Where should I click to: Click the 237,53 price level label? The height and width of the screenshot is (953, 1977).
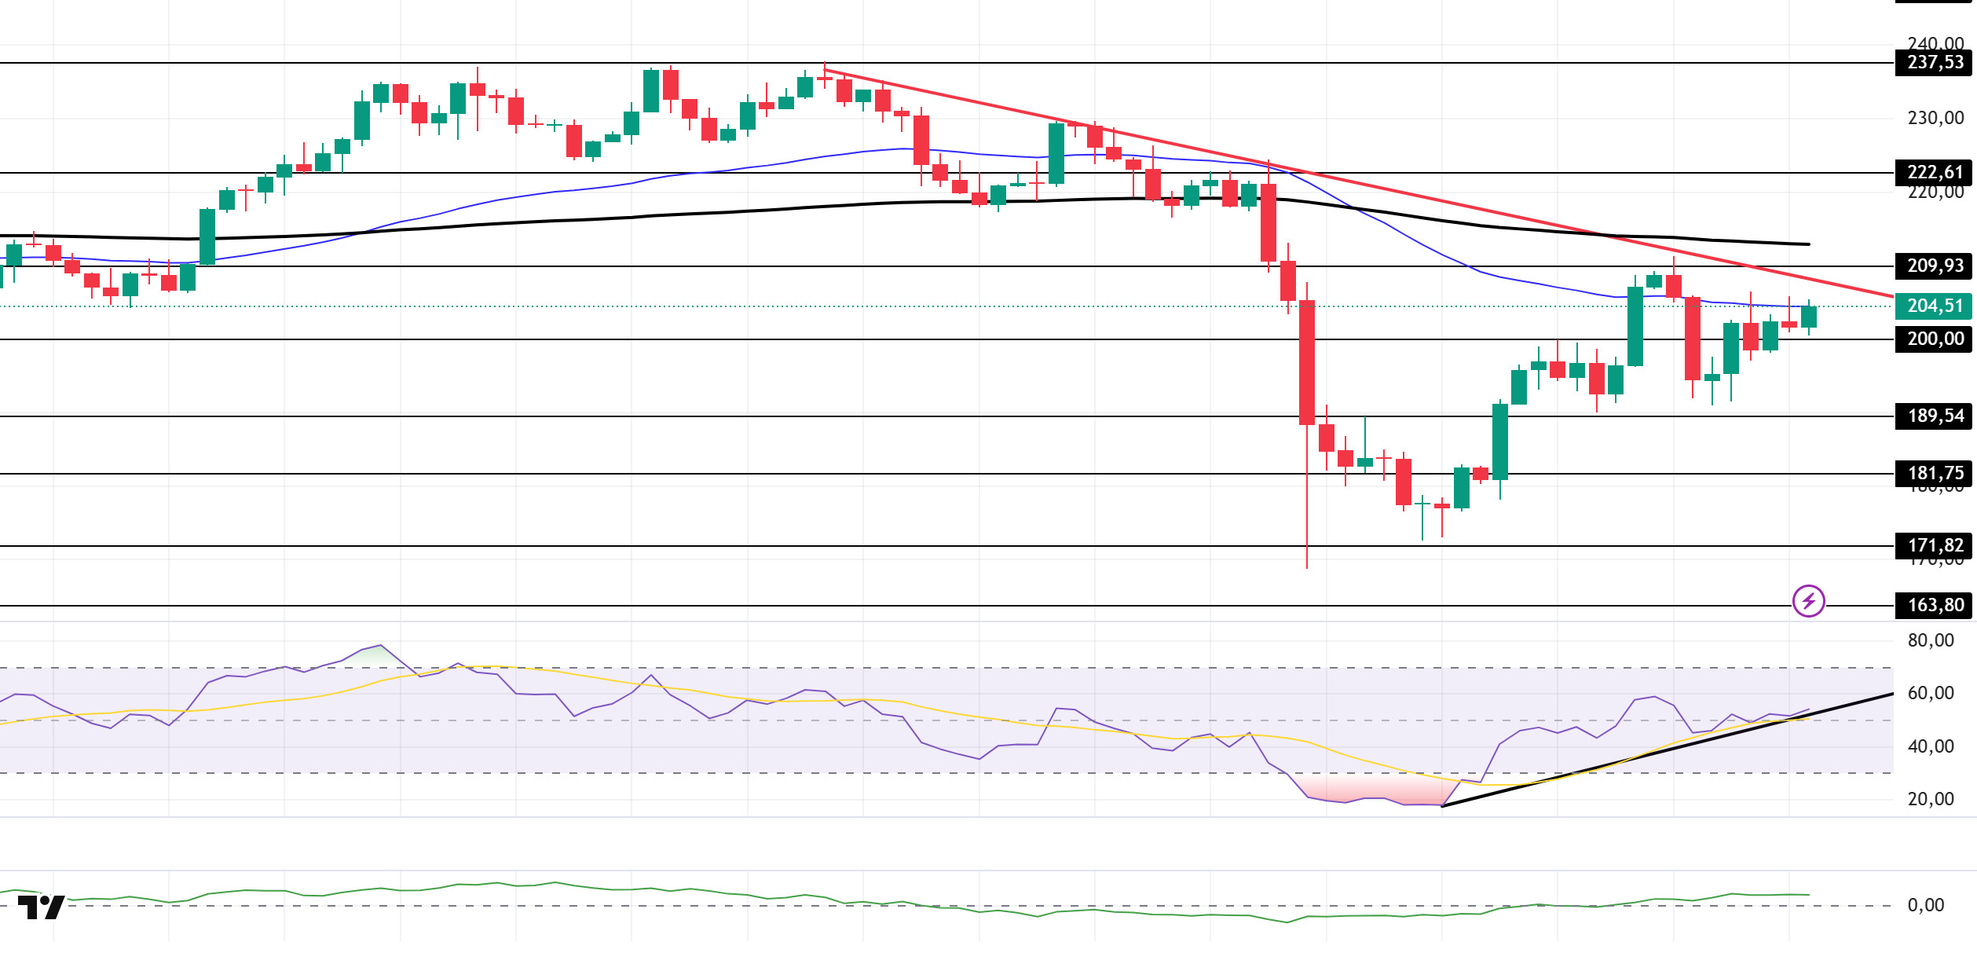pos(1934,62)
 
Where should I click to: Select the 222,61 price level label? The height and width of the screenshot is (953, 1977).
pos(1934,172)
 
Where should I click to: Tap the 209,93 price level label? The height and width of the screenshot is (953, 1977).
pos(1934,266)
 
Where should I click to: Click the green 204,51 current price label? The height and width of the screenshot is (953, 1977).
pos(1934,306)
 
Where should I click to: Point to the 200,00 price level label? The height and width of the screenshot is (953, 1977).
pos(1934,339)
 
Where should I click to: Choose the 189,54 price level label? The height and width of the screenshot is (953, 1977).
pos(1934,416)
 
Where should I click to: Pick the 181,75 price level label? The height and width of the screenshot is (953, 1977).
pos(1934,473)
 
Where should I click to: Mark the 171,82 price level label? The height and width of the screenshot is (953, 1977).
pos(1934,545)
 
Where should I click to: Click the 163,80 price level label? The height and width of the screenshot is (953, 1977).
pos(1934,605)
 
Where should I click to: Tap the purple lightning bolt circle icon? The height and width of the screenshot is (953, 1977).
pos(1809,601)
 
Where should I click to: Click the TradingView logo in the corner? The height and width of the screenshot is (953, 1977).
pos(41,907)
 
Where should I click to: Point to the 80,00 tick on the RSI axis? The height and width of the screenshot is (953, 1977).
pos(1931,640)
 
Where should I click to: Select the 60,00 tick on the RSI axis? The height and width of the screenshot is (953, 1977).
pos(1931,693)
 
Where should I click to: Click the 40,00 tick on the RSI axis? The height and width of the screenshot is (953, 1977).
pos(1931,746)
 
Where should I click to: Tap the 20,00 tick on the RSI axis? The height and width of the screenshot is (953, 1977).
pos(1931,799)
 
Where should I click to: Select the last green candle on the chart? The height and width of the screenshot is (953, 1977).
pos(1809,317)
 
